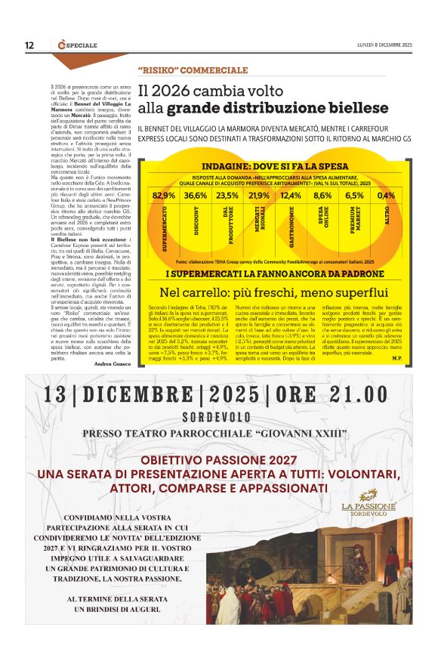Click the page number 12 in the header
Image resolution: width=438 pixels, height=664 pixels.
[29, 45]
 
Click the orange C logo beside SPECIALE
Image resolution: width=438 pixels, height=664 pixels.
[62, 45]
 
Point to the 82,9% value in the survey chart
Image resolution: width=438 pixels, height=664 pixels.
[164, 195]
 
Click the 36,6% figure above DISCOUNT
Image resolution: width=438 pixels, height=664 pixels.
[195, 195]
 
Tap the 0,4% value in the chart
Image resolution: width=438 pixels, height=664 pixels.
[386, 195]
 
